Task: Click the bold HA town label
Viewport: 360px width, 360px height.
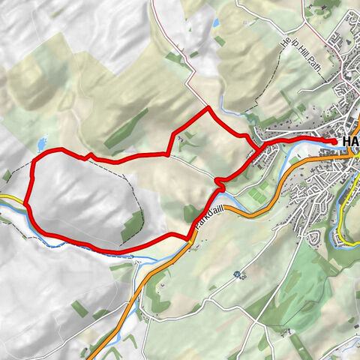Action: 349,142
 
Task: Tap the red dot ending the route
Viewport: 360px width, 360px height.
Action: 334,140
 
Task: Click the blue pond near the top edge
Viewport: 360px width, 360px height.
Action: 216,22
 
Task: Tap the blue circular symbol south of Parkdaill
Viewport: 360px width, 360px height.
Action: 238,274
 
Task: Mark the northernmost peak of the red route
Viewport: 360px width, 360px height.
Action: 208,109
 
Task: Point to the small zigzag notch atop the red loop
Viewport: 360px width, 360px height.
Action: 88,155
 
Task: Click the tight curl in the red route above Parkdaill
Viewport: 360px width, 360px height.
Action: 219,183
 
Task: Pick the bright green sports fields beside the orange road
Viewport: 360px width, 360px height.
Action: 258,194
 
